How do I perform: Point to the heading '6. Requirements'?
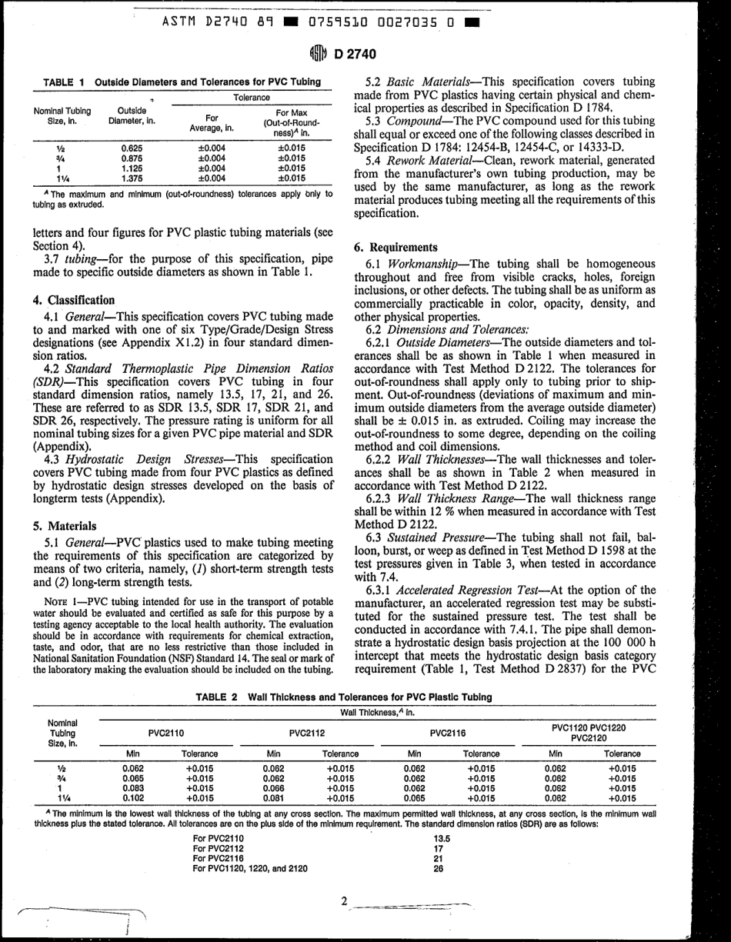(x=392, y=248)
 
